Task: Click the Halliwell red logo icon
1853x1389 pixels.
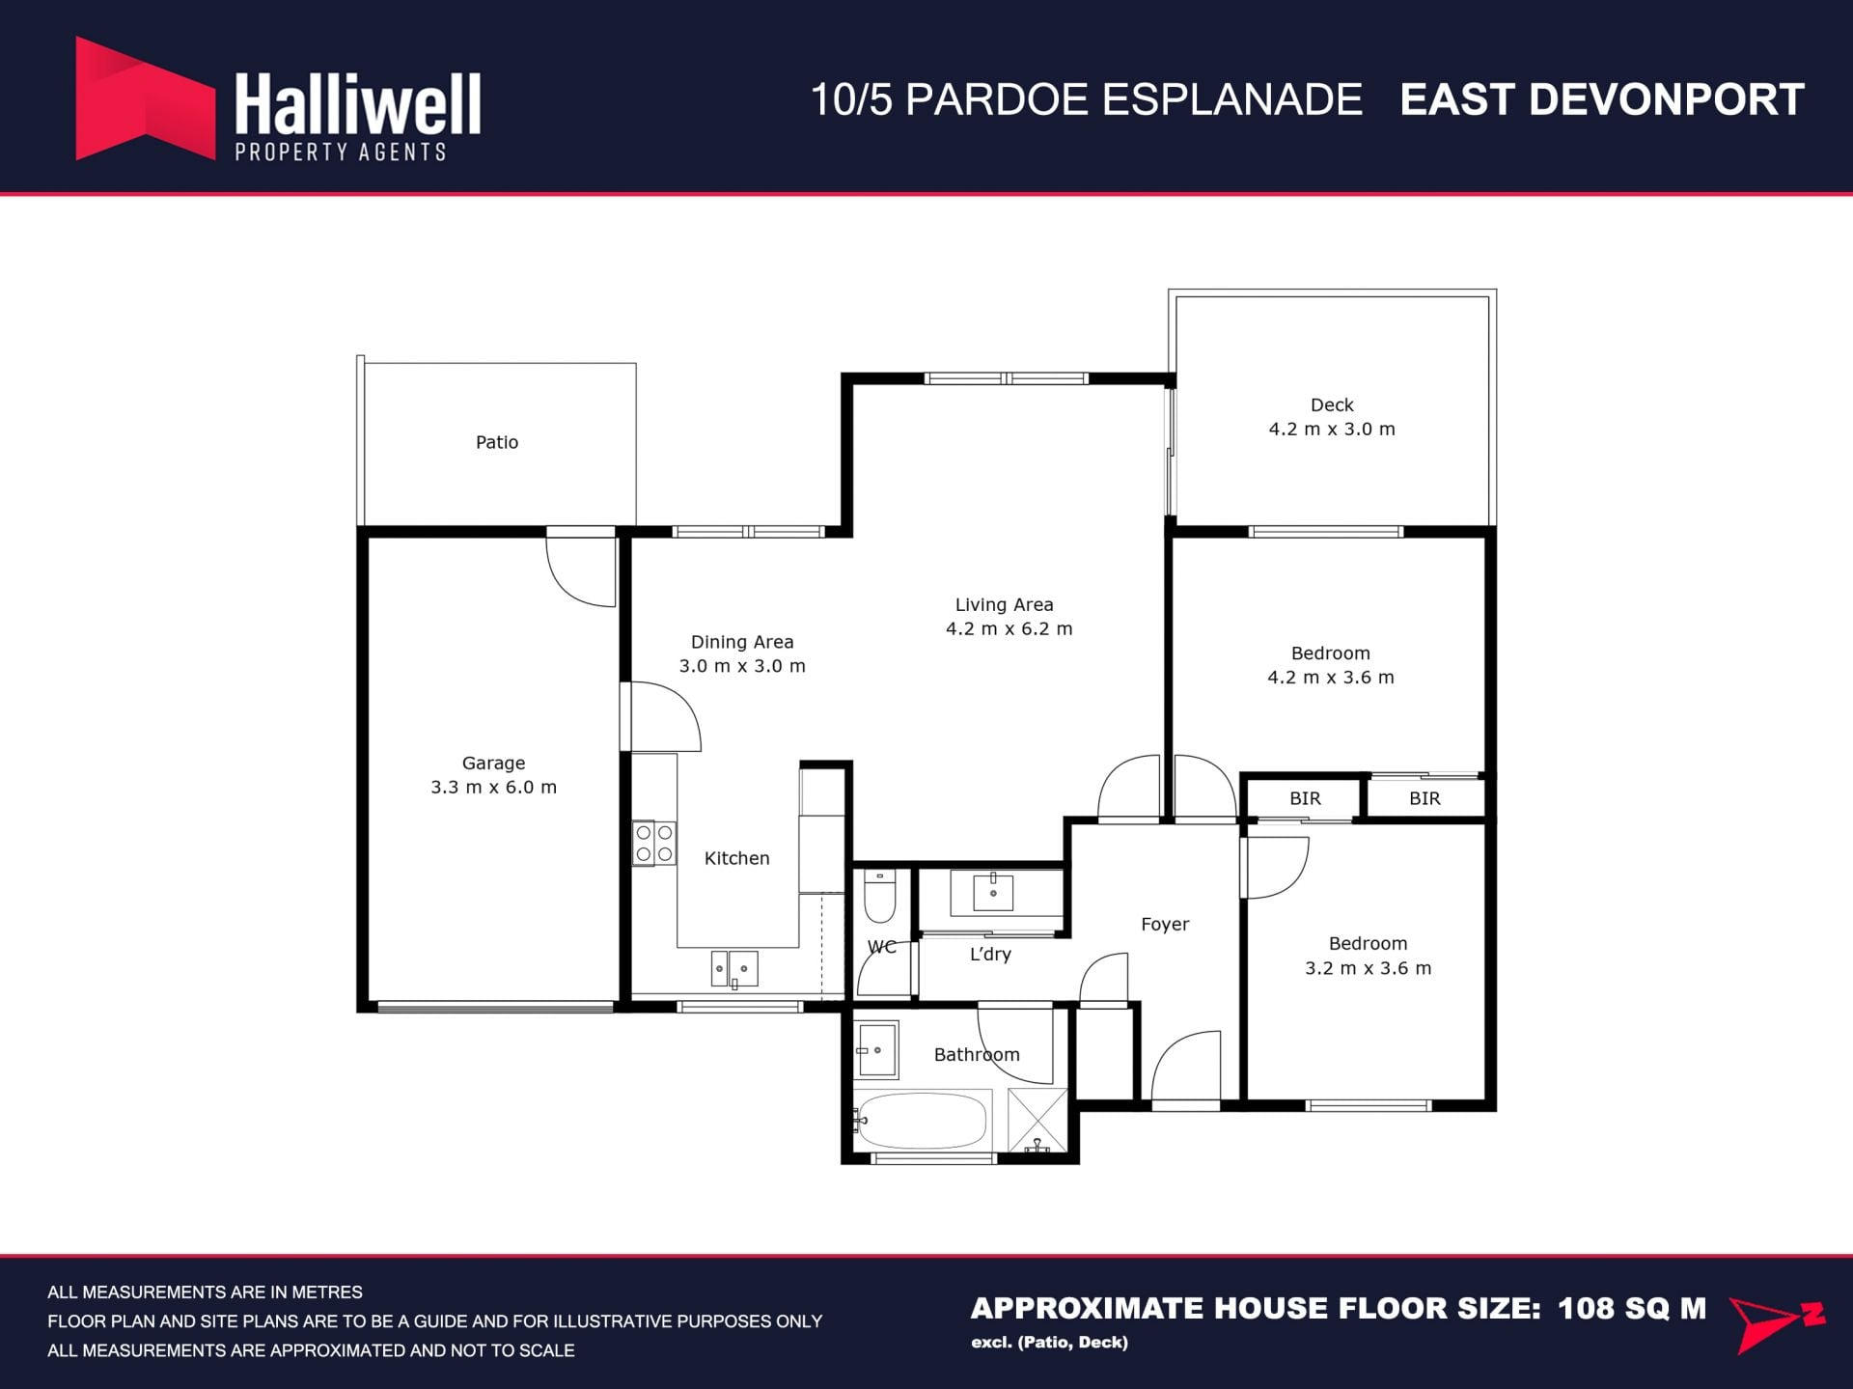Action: tap(145, 98)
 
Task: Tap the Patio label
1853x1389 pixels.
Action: tap(497, 442)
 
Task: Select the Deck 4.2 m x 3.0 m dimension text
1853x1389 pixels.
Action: tap(1332, 429)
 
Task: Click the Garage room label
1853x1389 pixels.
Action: tap(493, 763)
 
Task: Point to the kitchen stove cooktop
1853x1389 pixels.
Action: tap(653, 843)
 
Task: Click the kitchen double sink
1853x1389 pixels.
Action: tap(734, 969)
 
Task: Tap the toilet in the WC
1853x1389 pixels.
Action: tap(879, 895)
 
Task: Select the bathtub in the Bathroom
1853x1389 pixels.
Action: tap(922, 1120)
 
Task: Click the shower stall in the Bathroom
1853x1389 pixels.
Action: tap(1037, 1120)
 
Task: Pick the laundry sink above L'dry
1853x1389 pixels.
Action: tap(992, 893)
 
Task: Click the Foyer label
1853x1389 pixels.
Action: tap(1165, 924)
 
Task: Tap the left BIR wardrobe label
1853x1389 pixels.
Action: tap(1305, 798)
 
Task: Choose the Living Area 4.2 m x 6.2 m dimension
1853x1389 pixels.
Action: tap(1009, 628)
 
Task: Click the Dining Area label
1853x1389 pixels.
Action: tap(742, 642)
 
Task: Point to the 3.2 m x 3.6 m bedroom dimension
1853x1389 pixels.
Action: tap(1369, 968)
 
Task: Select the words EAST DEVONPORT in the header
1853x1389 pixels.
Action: tap(1602, 99)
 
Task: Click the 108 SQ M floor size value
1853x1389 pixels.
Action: tap(1632, 1308)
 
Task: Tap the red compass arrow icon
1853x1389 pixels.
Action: tap(1776, 1323)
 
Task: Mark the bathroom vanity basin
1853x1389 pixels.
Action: tap(876, 1049)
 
